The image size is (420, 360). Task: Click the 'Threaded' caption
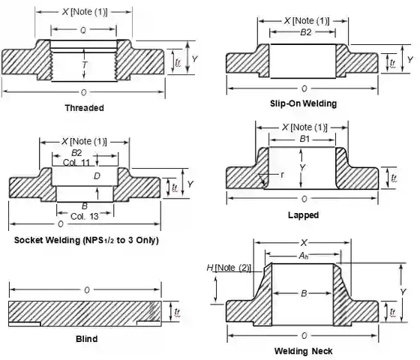pyautogui.click(x=84, y=107)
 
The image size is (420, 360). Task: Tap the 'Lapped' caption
pyautogui.click(x=303, y=214)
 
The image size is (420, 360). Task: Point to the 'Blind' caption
pyautogui.click(x=86, y=338)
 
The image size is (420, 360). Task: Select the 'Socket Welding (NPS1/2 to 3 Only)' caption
pyautogui.click(x=86, y=240)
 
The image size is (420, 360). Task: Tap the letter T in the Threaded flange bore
pyautogui.click(x=83, y=65)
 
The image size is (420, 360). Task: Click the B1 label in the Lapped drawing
pyautogui.click(x=304, y=139)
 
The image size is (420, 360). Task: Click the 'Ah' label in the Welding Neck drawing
pyautogui.click(x=303, y=256)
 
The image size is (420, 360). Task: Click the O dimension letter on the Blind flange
pyautogui.click(x=86, y=289)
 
